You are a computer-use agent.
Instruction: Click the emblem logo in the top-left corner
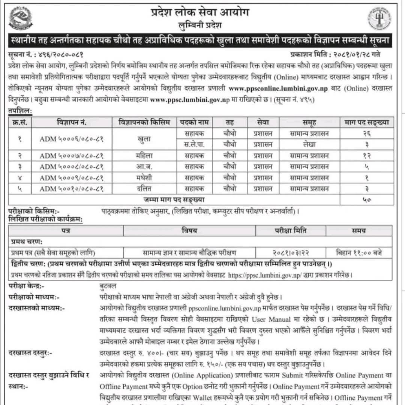point(21,18)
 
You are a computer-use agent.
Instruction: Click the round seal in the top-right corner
point(379,19)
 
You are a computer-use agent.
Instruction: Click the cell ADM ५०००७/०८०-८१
point(71,156)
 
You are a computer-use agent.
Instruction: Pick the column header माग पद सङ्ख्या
point(367,122)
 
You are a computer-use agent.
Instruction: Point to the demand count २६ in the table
point(367,133)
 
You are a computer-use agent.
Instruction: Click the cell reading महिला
point(144,156)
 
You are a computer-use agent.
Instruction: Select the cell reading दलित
point(144,189)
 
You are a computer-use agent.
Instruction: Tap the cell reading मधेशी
point(144,178)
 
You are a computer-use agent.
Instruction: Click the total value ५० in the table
point(367,200)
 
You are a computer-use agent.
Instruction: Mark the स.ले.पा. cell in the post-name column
point(194,144)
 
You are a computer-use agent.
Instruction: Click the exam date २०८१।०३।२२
point(290,252)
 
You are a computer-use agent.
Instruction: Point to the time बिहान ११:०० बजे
point(358,252)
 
